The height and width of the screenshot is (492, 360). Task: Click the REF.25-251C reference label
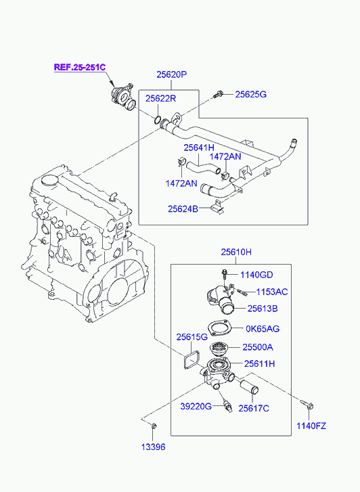click(80, 67)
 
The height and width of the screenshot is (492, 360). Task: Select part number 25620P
click(172, 74)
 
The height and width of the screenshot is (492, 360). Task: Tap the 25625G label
click(251, 94)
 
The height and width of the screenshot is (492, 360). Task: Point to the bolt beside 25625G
click(219, 94)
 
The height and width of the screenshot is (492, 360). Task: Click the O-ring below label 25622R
click(158, 120)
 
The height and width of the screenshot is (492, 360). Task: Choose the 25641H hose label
click(199, 148)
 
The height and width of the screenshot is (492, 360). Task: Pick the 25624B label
click(183, 208)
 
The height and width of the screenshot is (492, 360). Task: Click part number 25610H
click(236, 252)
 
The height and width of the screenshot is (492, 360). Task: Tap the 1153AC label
click(272, 292)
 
